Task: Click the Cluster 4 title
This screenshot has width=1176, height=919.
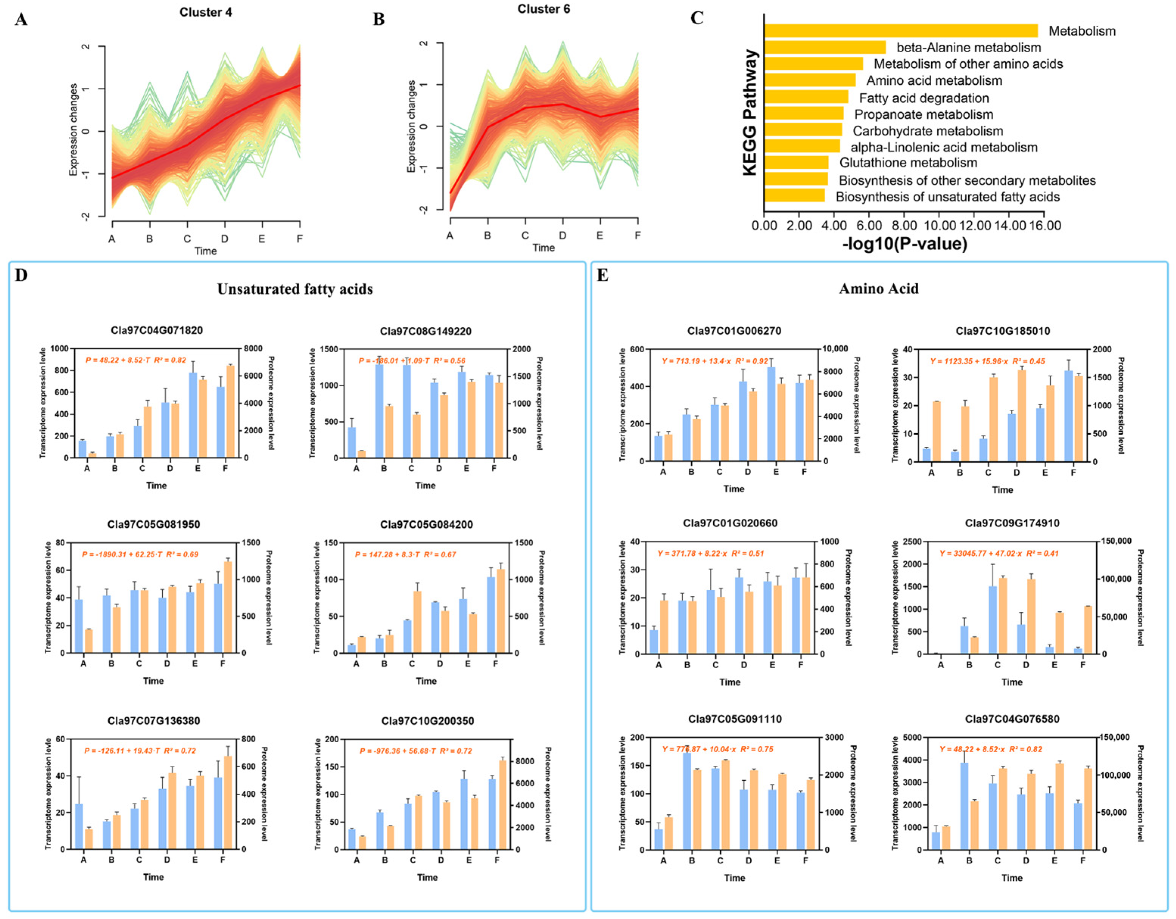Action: point(206,12)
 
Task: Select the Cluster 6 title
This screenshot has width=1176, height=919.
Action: point(543,9)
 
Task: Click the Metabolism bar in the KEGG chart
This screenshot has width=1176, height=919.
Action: point(900,31)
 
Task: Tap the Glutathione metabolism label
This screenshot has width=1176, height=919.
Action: point(908,163)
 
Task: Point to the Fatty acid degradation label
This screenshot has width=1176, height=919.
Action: point(924,98)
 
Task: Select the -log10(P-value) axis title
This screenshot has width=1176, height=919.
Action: point(905,244)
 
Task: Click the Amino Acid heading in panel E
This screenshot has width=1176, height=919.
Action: point(878,289)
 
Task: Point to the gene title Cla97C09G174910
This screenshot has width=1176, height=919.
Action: point(1012,523)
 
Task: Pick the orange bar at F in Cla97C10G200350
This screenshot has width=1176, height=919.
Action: point(502,804)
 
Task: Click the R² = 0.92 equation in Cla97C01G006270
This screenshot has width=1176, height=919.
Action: point(714,361)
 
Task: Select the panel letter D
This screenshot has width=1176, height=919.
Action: point(21,276)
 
